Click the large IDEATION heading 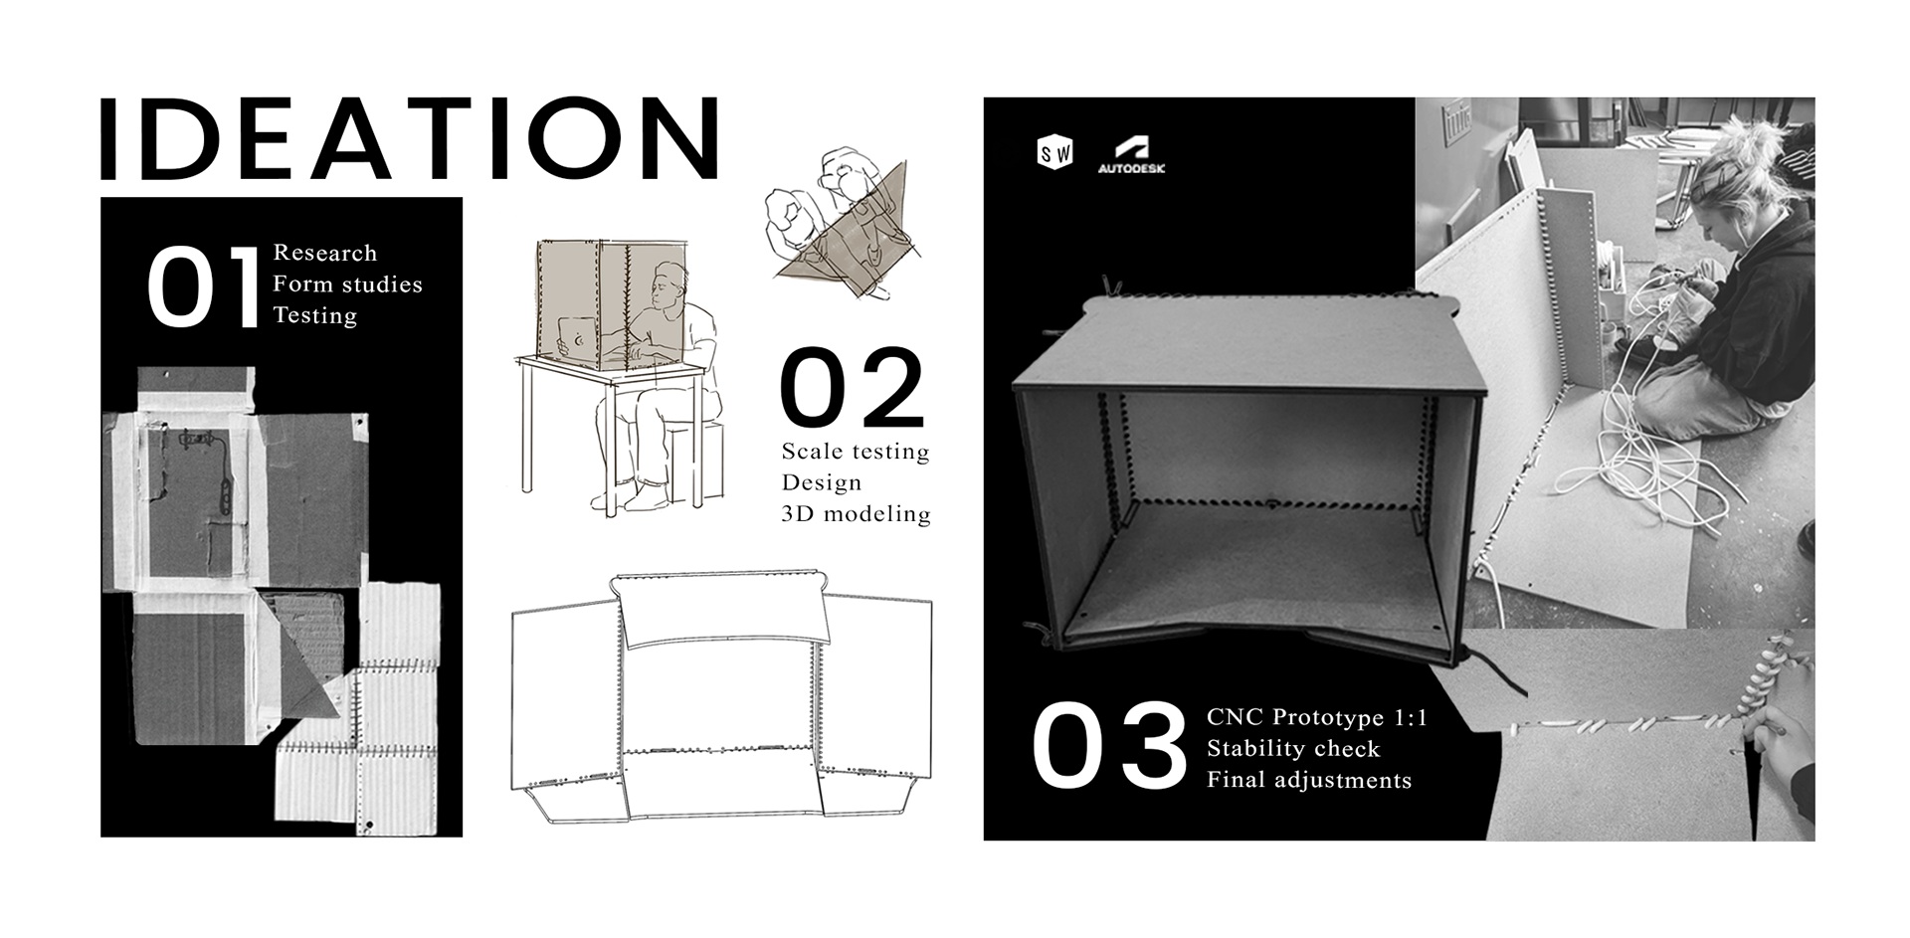(x=409, y=138)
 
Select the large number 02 (x=853, y=387)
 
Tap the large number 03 (x=1109, y=746)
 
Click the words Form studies (x=347, y=284)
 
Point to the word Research (x=325, y=253)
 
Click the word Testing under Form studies (x=314, y=315)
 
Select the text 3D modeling (x=856, y=514)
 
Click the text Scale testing (x=856, y=452)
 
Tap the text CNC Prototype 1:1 (x=1317, y=717)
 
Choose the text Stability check (x=1293, y=748)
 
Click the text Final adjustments (x=1309, y=780)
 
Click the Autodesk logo (x=1131, y=155)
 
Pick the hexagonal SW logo (x=1054, y=153)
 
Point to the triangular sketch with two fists (x=841, y=224)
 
